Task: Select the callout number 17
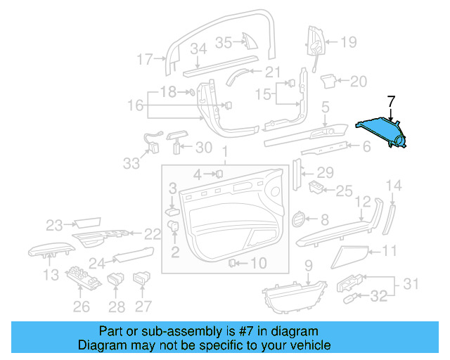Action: pyautogui.click(x=144, y=59)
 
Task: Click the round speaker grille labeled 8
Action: pyautogui.click(x=298, y=219)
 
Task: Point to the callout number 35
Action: pyautogui.click(x=223, y=42)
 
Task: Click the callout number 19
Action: pyautogui.click(x=349, y=42)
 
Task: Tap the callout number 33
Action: pyautogui.click(x=131, y=164)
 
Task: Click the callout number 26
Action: pyautogui.click(x=82, y=306)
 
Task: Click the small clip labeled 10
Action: pyautogui.click(x=232, y=264)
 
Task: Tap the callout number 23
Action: pyautogui.click(x=55, y=225)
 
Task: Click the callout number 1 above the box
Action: pyautogui.click(x=224, y=153)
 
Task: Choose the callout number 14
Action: pyautogui.click(x=395, y=186)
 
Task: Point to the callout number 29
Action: pyautogui.click(x=324, y=172)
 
